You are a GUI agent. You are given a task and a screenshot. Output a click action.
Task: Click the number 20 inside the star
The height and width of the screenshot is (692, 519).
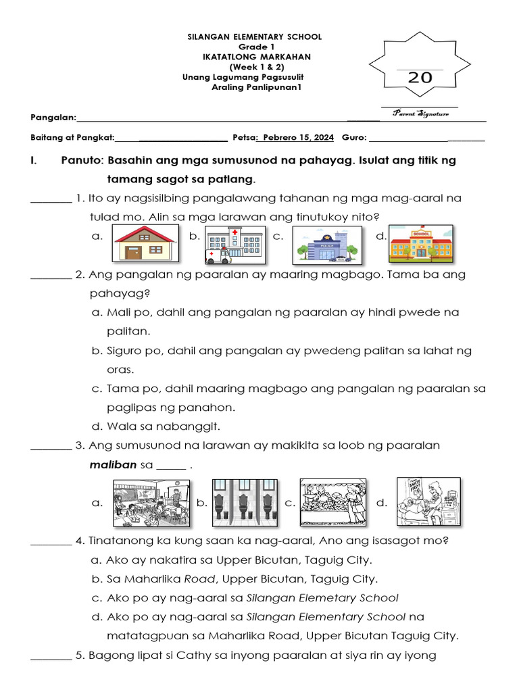420,78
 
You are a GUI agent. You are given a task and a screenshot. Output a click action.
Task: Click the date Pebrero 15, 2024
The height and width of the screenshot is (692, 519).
298,138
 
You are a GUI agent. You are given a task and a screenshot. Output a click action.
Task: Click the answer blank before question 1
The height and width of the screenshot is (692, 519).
51,200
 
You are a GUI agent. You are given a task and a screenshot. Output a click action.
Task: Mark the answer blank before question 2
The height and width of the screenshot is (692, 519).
51,276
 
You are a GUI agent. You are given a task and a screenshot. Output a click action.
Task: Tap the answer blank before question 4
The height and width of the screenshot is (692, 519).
51,542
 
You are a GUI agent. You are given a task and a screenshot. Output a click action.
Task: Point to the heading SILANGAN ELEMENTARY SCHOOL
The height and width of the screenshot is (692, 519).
254,36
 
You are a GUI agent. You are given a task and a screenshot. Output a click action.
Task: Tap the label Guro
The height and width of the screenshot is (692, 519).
353,138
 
